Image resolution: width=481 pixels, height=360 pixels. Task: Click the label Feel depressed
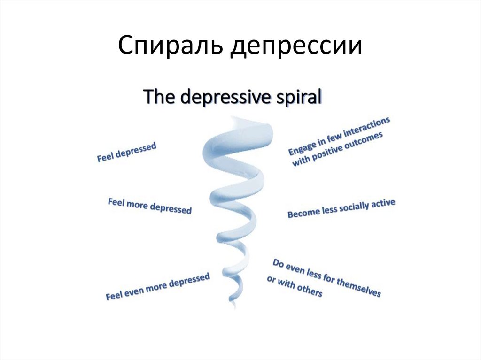pos(126,153)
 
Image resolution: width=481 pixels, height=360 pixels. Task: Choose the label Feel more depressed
pos(150,207)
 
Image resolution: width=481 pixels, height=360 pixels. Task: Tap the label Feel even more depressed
pos(157,287)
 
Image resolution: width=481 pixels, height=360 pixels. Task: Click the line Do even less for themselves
pos(326,277)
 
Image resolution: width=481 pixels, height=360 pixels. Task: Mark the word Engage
pos(299,148)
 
